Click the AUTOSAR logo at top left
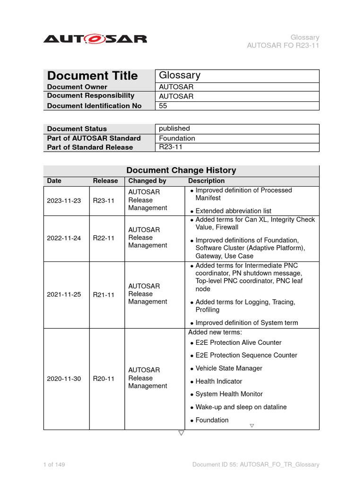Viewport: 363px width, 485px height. pyautogui.click(x=95, y=39)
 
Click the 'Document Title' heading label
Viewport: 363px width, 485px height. pyautogui.click(x=93, y=76)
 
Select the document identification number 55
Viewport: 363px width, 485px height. pyautogui.click(x=163, y=106)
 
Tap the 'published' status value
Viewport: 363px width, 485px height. pyautogui.click(x=174, y=128)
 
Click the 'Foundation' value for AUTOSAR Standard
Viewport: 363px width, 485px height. pyautogui.click(x=177, y=138)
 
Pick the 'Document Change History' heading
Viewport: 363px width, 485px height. pyautogui.click(x=181, y=170)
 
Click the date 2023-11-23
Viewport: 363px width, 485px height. pyautogui.click(x=64, y=200)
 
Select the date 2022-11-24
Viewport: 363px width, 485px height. pyautogui.click(x=64, y=238)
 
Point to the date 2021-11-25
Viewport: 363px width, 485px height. pyautogui.click(x=64, y=294)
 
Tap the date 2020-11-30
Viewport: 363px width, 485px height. pyautogui.click(x=64, y=378)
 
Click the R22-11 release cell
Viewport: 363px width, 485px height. pyautogui.click(x=104, y=238)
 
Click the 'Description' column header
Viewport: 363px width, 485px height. pyautogui.click(x=207, y=181)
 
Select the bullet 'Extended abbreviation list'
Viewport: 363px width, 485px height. pyautogui.click(x=233, y=211)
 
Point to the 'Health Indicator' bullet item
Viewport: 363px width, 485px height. pyautogui.click(x=219, y=381)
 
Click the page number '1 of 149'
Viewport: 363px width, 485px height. pyautogui.click(x=54, y=465)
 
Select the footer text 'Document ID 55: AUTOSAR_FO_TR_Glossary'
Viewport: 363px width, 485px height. pyautogui.click(x=256, y=465)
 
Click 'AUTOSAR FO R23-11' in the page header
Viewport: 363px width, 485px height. pyautogui.click(x=283, y=45)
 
